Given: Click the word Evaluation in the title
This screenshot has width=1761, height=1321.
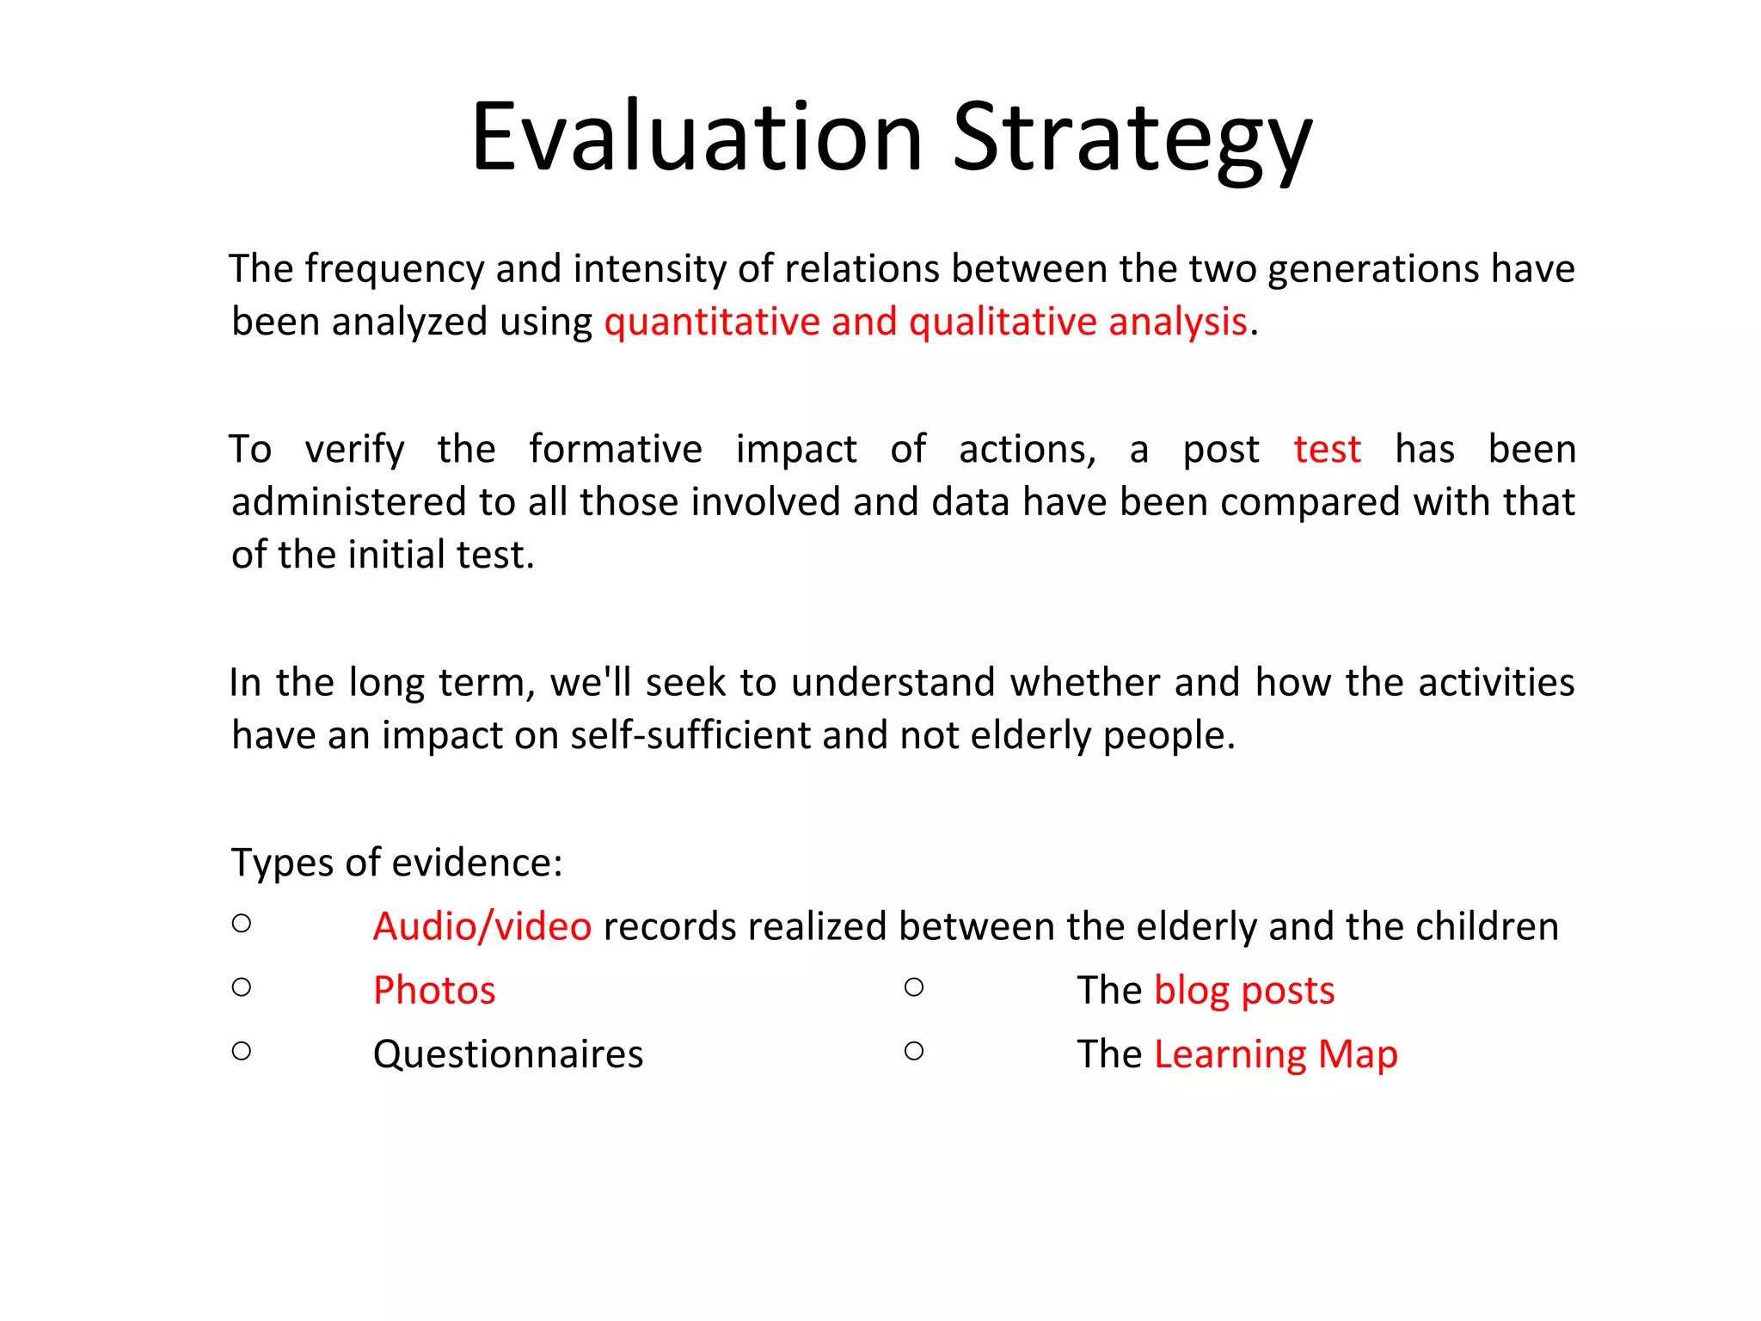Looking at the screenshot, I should [696, 138].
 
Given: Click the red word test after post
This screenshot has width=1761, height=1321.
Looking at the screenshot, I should [1327, 450].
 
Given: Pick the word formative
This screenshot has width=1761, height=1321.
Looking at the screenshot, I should [615, 450].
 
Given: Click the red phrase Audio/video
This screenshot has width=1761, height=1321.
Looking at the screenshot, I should [482, 927].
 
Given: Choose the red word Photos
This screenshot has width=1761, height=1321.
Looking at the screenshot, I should [434, 991].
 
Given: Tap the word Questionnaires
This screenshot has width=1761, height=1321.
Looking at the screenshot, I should [507, 1054].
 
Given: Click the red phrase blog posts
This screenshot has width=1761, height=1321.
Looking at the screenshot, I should [1244, 991].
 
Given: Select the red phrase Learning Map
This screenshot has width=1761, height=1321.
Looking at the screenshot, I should [1275, 1054].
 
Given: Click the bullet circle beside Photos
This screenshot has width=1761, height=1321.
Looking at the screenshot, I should [242, 987].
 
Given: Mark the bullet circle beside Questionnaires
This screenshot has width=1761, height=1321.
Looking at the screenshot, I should [242, 1051].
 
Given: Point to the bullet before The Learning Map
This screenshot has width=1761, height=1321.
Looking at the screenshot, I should [914, 1051].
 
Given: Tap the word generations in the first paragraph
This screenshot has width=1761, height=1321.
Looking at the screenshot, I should [1373, 269].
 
